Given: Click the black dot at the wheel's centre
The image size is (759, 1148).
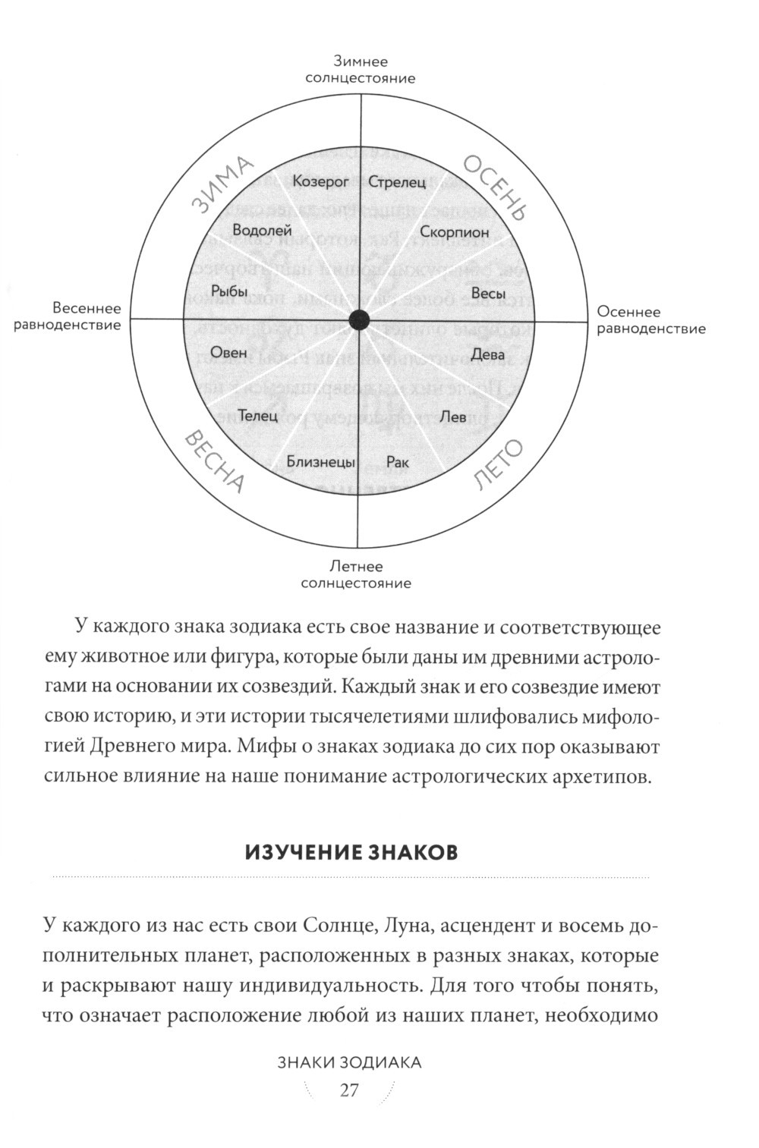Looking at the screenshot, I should pos(360,320).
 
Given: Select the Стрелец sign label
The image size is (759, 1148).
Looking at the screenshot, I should pos(397,182).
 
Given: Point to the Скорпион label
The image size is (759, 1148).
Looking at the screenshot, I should pos(455,233).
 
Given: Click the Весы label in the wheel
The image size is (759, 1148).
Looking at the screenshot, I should pos(488,293).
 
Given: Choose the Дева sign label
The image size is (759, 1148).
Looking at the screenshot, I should pos(488,354).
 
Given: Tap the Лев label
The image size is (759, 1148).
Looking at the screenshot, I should pos(453,416).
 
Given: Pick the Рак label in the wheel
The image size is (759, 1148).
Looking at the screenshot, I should pos(398,461).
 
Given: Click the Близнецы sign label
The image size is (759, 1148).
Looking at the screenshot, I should pos(320,461).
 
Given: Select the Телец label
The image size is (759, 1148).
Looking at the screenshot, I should pos(260,416).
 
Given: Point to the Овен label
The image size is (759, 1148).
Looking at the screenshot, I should pos(228,352).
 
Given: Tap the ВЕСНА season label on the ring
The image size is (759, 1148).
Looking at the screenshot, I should pos(215,461).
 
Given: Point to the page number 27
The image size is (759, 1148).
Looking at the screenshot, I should pos(349,1090).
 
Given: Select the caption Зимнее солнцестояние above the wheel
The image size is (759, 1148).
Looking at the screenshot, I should pos(360,69).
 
